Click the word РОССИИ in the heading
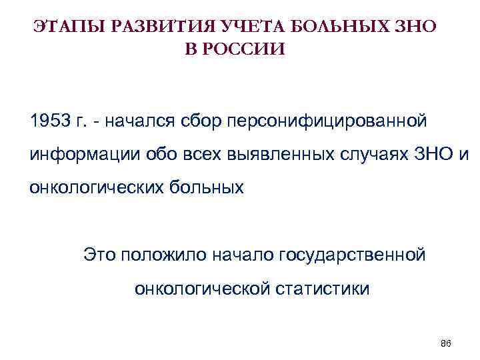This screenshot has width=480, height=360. coord(247,49)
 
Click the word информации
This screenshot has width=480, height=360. coord(77,155)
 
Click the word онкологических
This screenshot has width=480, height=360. coord(90,187)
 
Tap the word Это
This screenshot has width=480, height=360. coord(99,254)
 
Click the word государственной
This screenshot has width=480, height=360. coord(351,254)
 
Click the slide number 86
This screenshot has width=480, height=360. coord(446,343)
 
